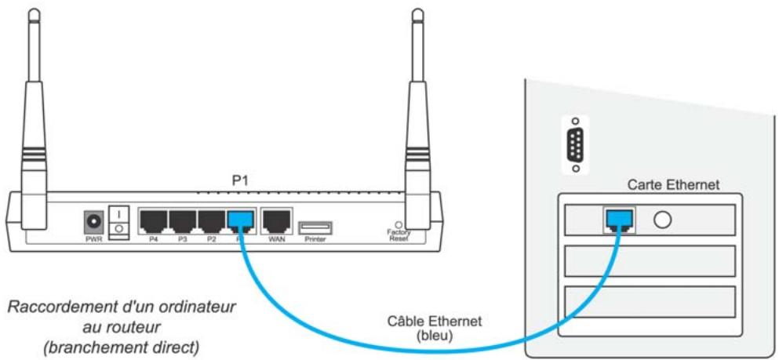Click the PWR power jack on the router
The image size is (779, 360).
(94, 220)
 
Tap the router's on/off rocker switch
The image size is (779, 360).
(118, 220)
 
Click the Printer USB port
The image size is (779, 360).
(315, 227)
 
